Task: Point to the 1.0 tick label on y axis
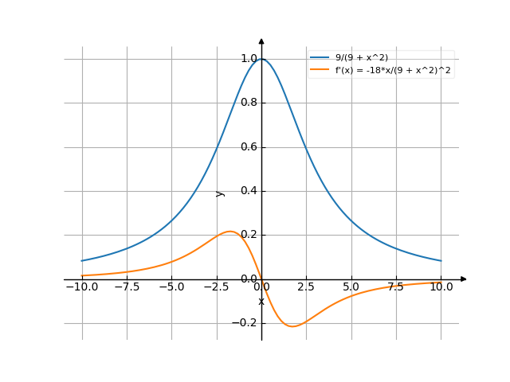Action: coord(248,59)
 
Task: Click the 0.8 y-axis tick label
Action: coord(248,103)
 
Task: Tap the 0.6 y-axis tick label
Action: coord(248,147)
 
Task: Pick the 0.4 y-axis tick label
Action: coord(248,191)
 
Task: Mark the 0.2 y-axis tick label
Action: coord(248,235)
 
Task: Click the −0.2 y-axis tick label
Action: coord(245,323)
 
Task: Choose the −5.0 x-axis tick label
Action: coord(171,287)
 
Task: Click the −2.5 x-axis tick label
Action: coord(216,287)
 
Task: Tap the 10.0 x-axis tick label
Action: coord(441,287)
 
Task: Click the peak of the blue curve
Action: coord(261,59)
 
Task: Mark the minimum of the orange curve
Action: coord(292,326)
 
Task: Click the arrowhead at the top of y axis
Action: coord(261,39)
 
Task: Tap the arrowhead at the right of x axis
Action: coord(464,279)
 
